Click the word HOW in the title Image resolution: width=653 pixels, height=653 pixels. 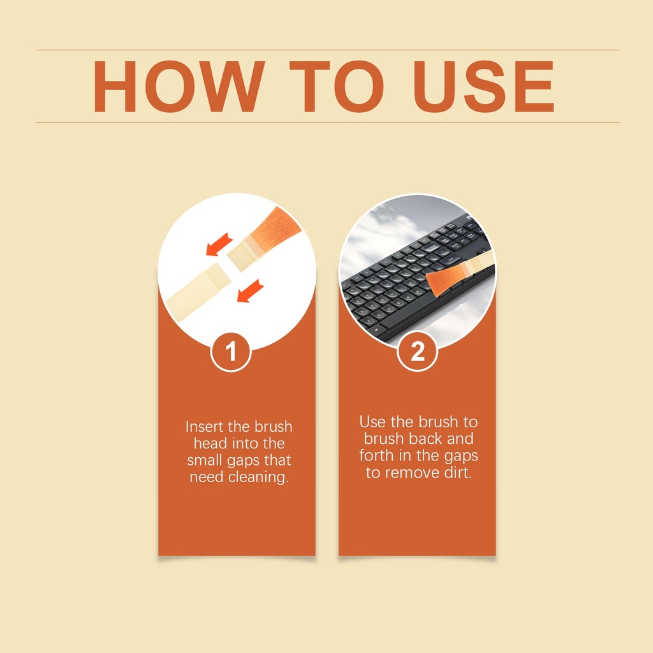point(179,87)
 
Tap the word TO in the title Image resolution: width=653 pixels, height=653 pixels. point(337,87)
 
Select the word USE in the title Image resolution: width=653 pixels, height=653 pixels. point(483,87)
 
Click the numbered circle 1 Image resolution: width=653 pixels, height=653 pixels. point(231,351)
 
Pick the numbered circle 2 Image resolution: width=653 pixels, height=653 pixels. point(417,351)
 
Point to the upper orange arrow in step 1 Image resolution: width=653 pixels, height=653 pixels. point(219,244)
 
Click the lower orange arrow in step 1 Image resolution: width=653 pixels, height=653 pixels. point(250,291)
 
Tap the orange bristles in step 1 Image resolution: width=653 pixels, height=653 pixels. point(275,228)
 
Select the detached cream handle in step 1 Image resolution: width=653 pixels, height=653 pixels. point(199,291)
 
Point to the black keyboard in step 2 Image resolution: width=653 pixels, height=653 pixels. point(416,279)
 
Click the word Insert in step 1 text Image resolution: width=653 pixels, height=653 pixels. point(205,427)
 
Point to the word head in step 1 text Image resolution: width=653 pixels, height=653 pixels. point(210,443)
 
